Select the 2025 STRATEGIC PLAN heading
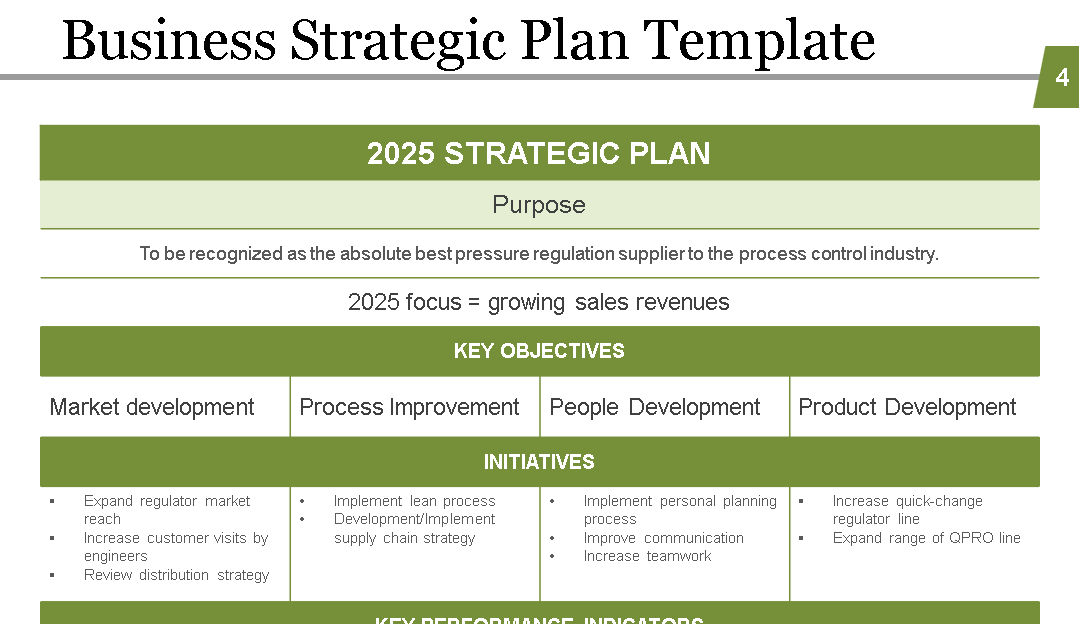point(538,153)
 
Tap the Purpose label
point(538,205)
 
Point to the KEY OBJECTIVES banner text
point(538,351)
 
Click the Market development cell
point(152,407)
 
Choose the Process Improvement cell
point(409,407)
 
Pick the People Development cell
point(655,407)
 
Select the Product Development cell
point(907,407)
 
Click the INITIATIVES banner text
point(538,462)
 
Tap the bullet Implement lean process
point(414,501)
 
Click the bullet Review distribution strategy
point(176,575)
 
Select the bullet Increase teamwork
point(647,556)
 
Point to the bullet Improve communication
point(663,538)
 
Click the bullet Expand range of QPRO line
point(926,538)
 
